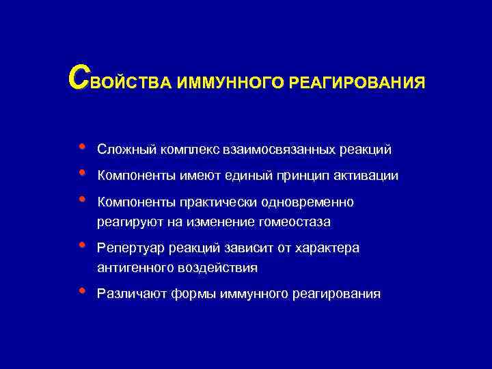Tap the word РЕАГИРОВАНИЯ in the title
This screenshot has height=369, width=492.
tap(357, 83)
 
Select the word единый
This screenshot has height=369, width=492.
tap(248, 176)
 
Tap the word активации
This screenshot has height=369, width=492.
tap(367, 176)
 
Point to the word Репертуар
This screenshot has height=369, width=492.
tap(128, 248)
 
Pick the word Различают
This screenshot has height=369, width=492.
tap(128, 294)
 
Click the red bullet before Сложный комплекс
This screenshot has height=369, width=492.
tap(82, 146)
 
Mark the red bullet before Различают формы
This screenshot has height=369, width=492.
tap(82, 291)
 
